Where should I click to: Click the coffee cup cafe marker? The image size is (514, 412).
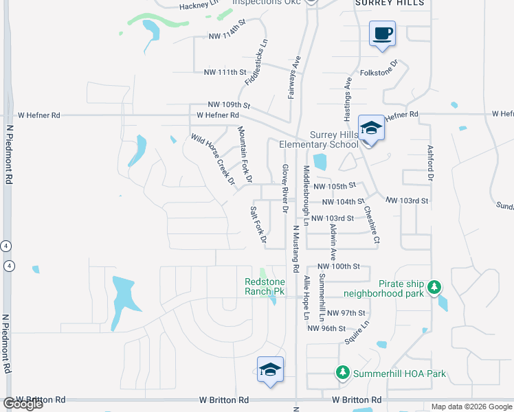(382, 33)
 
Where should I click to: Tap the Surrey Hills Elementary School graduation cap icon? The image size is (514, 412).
(371, 128)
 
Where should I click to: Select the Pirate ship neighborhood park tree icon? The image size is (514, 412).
(434, 286)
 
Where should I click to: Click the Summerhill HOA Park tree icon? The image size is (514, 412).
(342, 373)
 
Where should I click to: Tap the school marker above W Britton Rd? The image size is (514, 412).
(270, 369)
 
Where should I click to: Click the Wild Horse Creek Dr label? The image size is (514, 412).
(213, 161)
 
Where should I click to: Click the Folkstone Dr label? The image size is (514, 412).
(379, 71)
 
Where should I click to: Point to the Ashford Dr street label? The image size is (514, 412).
(431, 163)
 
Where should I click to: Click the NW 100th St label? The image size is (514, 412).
(339, 266)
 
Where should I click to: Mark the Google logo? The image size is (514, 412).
(23, 404)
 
